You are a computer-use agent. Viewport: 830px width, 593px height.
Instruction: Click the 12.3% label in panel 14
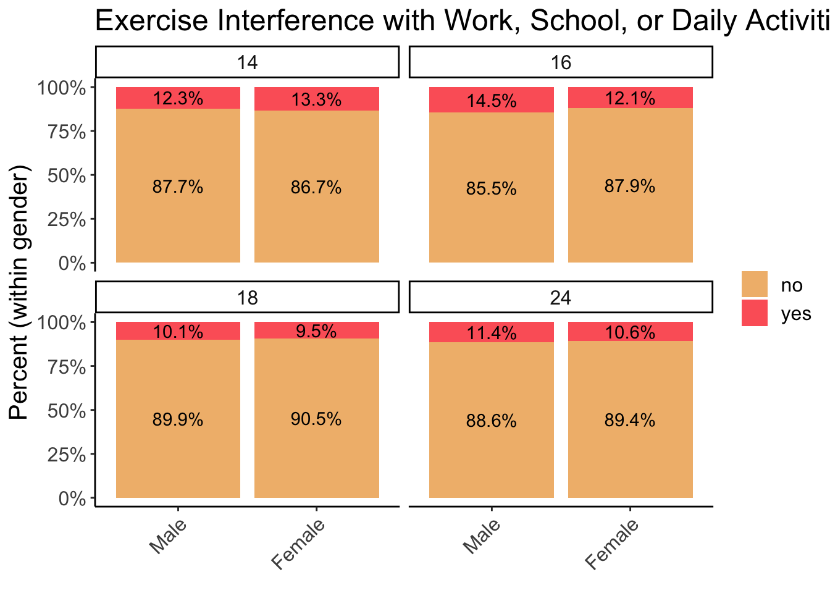(178, 98)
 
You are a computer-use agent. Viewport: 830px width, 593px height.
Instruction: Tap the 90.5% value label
(316, 419)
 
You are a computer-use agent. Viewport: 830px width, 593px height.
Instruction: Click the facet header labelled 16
(561, 62)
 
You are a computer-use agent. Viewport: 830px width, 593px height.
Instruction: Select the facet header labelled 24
(561, 298)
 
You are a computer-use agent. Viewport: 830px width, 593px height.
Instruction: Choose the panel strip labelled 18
(247, 298)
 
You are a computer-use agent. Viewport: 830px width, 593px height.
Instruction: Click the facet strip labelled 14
(247, 62)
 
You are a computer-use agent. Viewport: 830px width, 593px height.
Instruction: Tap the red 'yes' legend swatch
(754, 313)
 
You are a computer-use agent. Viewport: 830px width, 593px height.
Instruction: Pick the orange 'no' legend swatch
(754, 284)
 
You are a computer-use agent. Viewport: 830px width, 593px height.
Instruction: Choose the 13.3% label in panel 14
(316, 99)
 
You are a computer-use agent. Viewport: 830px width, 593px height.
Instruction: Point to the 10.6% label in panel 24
(630, 332)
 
